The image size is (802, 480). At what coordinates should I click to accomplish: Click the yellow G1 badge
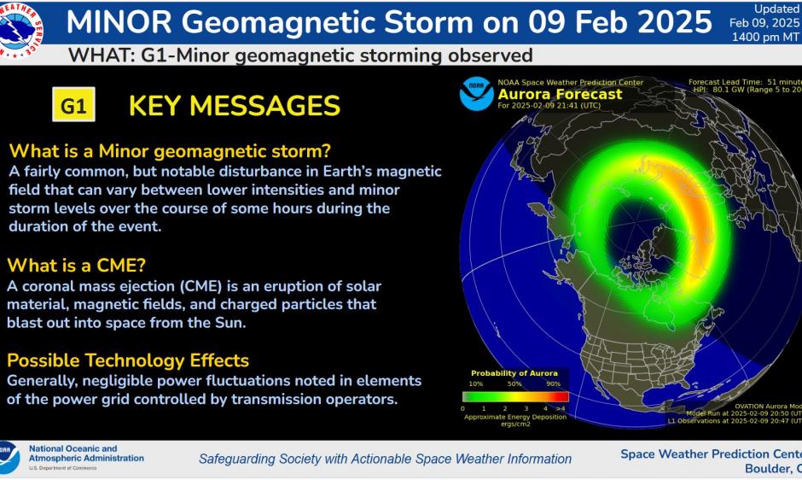pos(73,107)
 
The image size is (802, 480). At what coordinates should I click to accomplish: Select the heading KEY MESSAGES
pos(234,106)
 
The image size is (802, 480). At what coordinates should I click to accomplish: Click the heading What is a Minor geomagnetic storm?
pos(170,151)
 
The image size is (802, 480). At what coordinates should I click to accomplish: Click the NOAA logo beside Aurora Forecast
pos(476,93)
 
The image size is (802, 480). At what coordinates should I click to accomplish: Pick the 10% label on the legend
pos(475,383)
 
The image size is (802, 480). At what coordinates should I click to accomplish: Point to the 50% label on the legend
pos(514,383)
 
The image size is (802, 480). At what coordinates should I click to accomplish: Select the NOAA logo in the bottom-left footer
pos(9,457)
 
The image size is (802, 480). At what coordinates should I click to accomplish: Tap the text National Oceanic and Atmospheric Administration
pos(85,454)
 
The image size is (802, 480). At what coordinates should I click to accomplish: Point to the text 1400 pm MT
pos(765,38)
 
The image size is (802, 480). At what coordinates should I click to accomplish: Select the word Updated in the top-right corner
pos(776,9)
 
